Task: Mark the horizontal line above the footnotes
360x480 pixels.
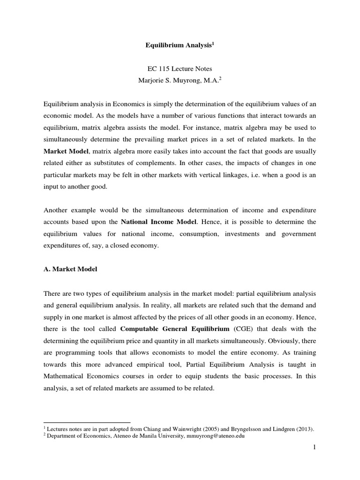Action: [87, 422]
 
